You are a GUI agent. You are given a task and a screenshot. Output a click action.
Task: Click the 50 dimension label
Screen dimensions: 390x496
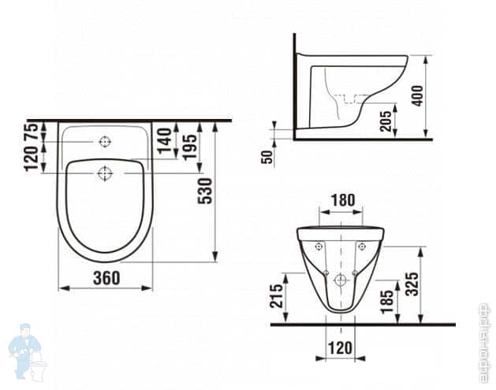pos(267,156)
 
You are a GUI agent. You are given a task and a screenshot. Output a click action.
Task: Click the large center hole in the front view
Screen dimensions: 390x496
pos(341,280)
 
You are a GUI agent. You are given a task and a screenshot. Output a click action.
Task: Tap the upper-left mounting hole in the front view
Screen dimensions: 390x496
pos(319,246)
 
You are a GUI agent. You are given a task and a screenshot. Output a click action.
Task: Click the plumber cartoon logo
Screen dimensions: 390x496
pos(27,352)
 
